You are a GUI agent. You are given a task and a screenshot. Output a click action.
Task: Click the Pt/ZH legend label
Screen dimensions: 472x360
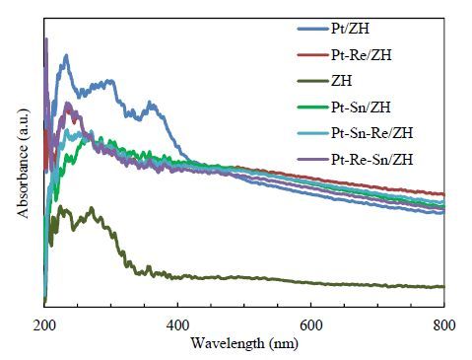pos(350,29)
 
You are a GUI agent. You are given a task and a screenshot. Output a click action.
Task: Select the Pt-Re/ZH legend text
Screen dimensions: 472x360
pos(362,54)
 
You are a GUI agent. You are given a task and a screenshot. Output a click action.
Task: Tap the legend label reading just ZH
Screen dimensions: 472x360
pos(342,81)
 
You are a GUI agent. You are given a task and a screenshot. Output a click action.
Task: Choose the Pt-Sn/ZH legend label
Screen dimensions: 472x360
pos(361,107)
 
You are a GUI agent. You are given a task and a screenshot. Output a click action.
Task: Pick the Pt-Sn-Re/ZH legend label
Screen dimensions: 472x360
pos(371,133)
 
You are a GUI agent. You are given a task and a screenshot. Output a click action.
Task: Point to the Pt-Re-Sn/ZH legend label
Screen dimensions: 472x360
pos(371,159)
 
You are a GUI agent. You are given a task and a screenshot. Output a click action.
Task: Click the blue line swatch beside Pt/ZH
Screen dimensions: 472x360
pos(313,29)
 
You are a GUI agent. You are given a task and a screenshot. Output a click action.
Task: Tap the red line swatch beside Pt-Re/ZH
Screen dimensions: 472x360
pos(313,55)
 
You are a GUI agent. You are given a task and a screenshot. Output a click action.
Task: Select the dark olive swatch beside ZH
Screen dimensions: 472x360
pos(313,81)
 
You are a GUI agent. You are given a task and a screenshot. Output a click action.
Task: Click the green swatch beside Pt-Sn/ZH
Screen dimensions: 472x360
pos(313,108)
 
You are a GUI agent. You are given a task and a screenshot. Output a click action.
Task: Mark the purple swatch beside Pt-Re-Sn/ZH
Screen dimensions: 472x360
pos(313,160)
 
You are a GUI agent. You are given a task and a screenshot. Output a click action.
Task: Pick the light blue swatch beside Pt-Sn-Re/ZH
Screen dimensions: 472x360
pos(313,133)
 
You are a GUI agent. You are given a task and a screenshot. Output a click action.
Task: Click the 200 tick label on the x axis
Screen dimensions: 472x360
pos(44,325)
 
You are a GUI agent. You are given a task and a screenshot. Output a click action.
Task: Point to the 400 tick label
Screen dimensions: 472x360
pos(177,325)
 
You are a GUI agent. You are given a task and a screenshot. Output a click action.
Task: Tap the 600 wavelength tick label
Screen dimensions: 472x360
pos(311,325)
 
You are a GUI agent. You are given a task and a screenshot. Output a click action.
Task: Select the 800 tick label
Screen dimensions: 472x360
pos(444,325)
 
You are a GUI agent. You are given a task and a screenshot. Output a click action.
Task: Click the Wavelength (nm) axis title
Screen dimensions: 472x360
pos(244,343)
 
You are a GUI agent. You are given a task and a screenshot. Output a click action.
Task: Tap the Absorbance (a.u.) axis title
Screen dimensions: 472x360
pos(23,164)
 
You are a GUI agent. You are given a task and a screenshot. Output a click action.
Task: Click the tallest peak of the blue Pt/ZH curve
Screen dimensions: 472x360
pos(66,56)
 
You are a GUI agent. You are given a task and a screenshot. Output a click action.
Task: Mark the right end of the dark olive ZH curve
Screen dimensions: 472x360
pos(443,287)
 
